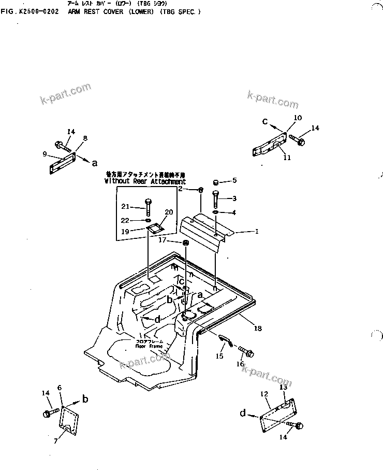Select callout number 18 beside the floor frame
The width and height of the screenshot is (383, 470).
pyautogui.click(x=257, y=329)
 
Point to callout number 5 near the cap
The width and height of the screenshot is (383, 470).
pyautogui.click(x=234, y=180)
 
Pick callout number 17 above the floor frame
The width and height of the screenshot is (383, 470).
pyautogui.click(x=162, y=240)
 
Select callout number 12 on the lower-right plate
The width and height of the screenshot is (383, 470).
pyautogui.click(x=264, y=394)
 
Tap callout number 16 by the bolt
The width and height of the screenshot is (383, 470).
pyautogui.click(x=240, y=364)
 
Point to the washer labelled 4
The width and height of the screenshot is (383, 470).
pyautogui.click(x=215, y=212)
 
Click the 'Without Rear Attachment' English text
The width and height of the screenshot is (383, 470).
pyautogui.click(x=144, y=182)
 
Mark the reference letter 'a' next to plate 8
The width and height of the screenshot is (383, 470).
pyautogui.click(x=94, y=163)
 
